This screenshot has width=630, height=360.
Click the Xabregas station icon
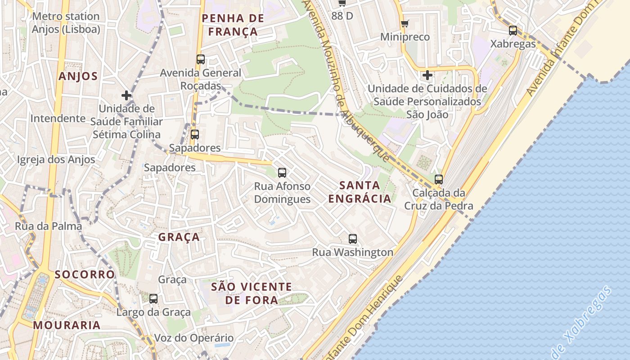click(x=513, y=31)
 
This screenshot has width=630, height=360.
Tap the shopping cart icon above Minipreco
click(x=405, y=23)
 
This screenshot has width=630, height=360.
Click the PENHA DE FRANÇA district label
click(x=233, y=25)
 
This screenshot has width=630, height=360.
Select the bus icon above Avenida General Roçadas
click(x=201, y=59)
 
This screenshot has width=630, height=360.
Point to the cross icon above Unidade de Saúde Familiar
click(x=126, y=95)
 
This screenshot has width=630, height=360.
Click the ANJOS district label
click(x=78, y=76)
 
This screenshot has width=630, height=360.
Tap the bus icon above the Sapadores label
click(x=195, y=134)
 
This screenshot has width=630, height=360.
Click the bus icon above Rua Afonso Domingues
click(x=282, y=172)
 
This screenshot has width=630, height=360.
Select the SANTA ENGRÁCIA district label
click(x=360, y=192)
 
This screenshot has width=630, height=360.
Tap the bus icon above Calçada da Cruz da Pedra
click(x=439, y=179)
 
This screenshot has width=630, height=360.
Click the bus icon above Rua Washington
click(x=353, y=239)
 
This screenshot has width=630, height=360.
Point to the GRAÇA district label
click(x=179, y=237)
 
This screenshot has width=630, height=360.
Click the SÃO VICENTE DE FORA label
click(x=252, y=293)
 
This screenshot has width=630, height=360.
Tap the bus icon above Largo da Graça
click(x=153, y=298)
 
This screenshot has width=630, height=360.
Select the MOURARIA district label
click(x=67, y=325)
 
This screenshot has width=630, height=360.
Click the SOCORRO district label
click(x=85, y=274)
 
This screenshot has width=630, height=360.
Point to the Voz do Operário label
click(x=194, y=338)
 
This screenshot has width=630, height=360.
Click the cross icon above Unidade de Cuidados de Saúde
click(x=427, y=75)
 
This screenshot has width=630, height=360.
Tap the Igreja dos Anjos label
click(x=56, y=159)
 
